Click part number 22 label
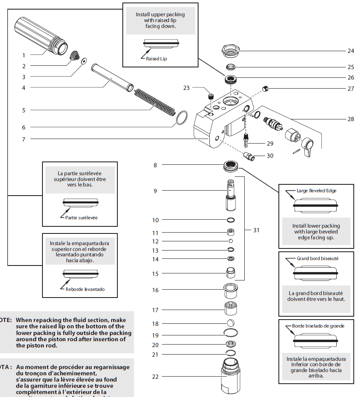pyautogui.click(x=155, y=377)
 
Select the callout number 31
pyautogui.click(x=256, y=230)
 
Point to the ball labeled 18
pyautogui.click(x=230, y=323)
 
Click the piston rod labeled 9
pyautogui.click(x=230, y=196)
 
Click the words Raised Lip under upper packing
pyautogui.click(x=156, y=59)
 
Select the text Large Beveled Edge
pyautogui.click(x=316, y=191)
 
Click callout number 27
pyautogui.click(x=350, y=88)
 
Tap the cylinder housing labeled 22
pyautogui.click(x=231, y=377)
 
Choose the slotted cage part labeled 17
pyautogui.click(x=230, y=310)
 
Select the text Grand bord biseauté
pyautogui.click(x=318, y=258)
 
